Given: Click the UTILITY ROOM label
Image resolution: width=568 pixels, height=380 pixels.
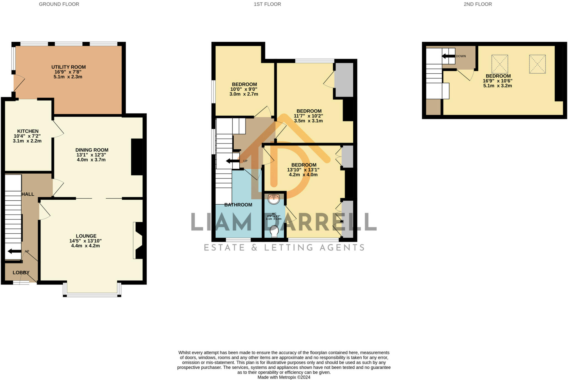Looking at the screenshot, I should coord(69,67).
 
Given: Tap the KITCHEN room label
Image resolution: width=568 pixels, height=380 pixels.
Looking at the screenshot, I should coord(28,131).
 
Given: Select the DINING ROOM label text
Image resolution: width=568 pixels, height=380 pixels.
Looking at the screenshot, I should coord(92,150).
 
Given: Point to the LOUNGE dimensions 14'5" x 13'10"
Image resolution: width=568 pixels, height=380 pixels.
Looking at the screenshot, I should coord(85,241).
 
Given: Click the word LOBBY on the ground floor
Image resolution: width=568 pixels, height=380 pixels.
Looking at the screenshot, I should coord(21,273).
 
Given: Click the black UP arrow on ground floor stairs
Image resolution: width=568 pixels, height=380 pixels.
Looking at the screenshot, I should coord(14,251).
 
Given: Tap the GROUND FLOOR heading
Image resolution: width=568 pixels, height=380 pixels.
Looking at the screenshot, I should coord(59,4).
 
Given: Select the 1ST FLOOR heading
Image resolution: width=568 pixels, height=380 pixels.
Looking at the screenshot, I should coord(267,4).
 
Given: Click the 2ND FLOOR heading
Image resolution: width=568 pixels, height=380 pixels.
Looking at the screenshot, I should coord(478,4).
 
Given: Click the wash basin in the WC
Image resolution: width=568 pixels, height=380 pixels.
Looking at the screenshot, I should coord(274,199).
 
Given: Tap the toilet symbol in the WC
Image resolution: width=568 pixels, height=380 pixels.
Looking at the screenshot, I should coord(274,231).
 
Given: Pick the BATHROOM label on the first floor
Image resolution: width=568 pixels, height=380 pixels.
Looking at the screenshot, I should coord(238,205).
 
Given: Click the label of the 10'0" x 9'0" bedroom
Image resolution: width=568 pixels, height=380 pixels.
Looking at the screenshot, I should coord(244,84).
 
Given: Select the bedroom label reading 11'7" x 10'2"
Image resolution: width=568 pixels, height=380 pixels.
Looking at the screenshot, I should coord(309,111).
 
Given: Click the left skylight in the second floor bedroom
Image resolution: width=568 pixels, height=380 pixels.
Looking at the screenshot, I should coord(500,64).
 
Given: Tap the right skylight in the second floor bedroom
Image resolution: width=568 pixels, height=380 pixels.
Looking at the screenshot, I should coord(537,64).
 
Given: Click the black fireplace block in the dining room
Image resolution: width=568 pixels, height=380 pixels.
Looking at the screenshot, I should coord(137,157).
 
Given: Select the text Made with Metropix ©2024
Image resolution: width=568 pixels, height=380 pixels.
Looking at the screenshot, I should coord(284,377).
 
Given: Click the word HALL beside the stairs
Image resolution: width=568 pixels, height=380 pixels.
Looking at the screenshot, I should coord(28,194).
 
